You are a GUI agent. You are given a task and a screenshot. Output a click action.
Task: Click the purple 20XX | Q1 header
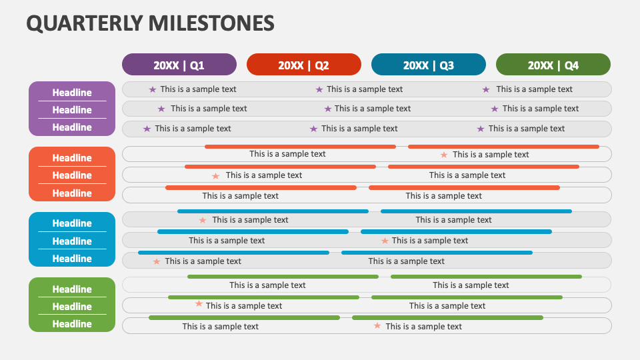pos(179,65)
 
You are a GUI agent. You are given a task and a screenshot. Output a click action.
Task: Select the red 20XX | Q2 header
pos(303,65)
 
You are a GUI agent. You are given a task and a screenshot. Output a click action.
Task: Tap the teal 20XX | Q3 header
pos(428,65)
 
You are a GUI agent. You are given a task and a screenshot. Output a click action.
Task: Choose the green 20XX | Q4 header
pos(553,65)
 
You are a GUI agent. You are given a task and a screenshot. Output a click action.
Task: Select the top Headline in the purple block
pos(72,93)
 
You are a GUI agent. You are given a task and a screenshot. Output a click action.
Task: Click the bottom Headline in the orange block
pos(72,193)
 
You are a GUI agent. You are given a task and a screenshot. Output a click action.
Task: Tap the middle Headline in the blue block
pos(72,241)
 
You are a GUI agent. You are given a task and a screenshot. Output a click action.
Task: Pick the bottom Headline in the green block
pos(72,324)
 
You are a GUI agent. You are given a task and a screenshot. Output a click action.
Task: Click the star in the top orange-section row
pos(444,155)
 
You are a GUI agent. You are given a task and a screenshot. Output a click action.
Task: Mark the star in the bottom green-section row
pos(377,326)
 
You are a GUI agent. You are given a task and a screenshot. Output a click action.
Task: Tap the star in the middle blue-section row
pos(385,241)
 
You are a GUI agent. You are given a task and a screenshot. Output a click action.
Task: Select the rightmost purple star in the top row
pos(486,89)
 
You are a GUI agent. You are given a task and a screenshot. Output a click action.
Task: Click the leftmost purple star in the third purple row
pos(147,129)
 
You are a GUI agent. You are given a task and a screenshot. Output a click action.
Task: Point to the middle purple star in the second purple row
pos(327,109)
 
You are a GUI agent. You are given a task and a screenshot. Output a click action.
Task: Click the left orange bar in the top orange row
pos(300,147)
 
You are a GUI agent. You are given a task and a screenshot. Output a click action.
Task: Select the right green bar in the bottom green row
pos(447,318)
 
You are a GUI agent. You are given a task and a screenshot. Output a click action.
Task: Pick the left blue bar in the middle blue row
pos(253,232)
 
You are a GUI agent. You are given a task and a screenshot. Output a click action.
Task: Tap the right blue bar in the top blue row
pos(476,211)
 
